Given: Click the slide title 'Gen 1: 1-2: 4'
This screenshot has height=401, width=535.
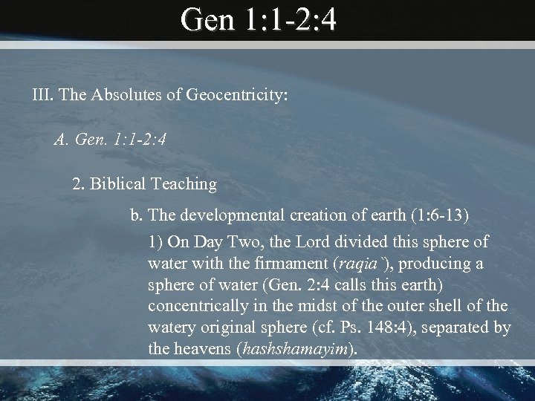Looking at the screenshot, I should coord(259,20).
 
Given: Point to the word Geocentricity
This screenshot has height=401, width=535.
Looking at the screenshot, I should coord(235,96).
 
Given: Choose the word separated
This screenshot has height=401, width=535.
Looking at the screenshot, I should coord(459,327).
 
